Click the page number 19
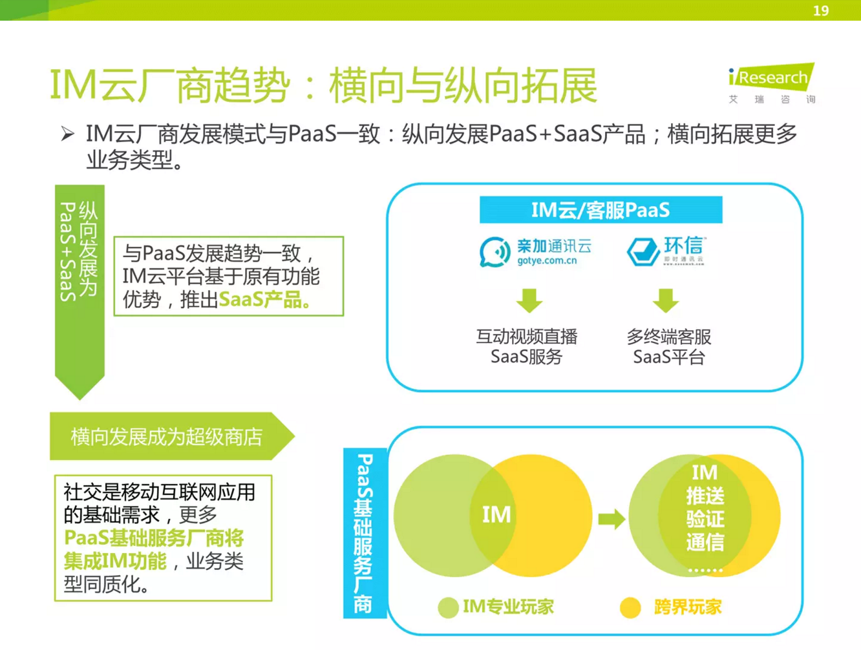pyautogui.click(x=820, y=10)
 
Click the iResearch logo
pyautogui.click(x=771, y=83)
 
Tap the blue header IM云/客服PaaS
pyautogui.click(x=600, y=210)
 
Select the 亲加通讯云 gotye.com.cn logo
pyautogui.click(x=535, y=251)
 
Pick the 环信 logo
pyautogui.click(x=666, y=251)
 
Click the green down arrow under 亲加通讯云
pyautogui.click(x=529, y=300)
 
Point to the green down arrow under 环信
pyautogui.click(x=666, y=300)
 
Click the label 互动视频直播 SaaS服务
pyautogui.click(x=526, y=346)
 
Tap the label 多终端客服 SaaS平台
pyautogui.click(x=668, y=346)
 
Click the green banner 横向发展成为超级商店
pyautogui.click(x=166, y=437)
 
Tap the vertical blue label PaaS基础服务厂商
pyautogui.click(x=364, y=532)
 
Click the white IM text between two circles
pyautogui.click(x=496, y=514)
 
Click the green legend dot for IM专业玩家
pyautogui.click(x=448, y=607)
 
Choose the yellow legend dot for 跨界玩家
pyautogui.click(x=630, y=607)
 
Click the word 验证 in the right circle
pyautogui.click(x=705, y=519)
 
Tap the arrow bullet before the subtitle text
pyautogui.click(x=68, y=134)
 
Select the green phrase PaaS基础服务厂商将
pyautogui.click(x=154, y=538)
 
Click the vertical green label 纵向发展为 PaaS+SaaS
pyautogui.click(x=79, y=252)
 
